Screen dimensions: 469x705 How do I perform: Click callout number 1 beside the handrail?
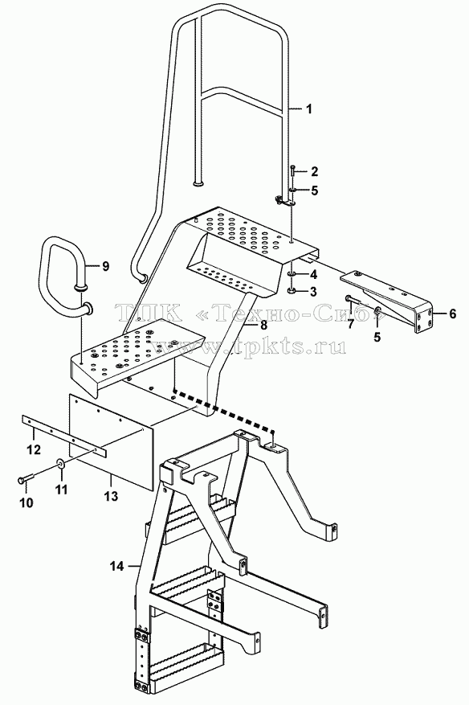(x=309, y=109)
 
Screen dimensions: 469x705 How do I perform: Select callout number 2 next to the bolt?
(x=314, y=171)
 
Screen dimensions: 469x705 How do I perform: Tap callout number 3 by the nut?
(x=312, y=291)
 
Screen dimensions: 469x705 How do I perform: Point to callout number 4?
(x=313, y=274)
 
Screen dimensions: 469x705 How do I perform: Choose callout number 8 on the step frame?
(x=263, y=324)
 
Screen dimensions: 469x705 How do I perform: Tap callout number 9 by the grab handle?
(x=105, y=266)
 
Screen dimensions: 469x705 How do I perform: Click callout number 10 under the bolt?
(x=27, y=502)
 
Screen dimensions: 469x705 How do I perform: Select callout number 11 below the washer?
(x=62, y=489)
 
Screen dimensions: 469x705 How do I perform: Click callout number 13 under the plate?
(x=111, y=496)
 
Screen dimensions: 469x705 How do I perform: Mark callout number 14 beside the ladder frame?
(x=116, y=567)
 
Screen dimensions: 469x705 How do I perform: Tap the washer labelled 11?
(x=60, y=463)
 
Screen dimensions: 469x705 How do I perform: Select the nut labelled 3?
(x=292, y=291)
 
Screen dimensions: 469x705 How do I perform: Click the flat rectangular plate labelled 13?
(x=112, y=441)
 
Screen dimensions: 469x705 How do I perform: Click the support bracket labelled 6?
(x=388, y=301)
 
